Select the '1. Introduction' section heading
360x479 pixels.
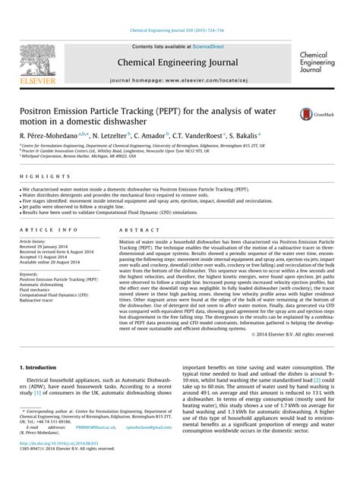click(x=37, y=367)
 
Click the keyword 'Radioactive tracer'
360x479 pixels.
click(x=40, y=300)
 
